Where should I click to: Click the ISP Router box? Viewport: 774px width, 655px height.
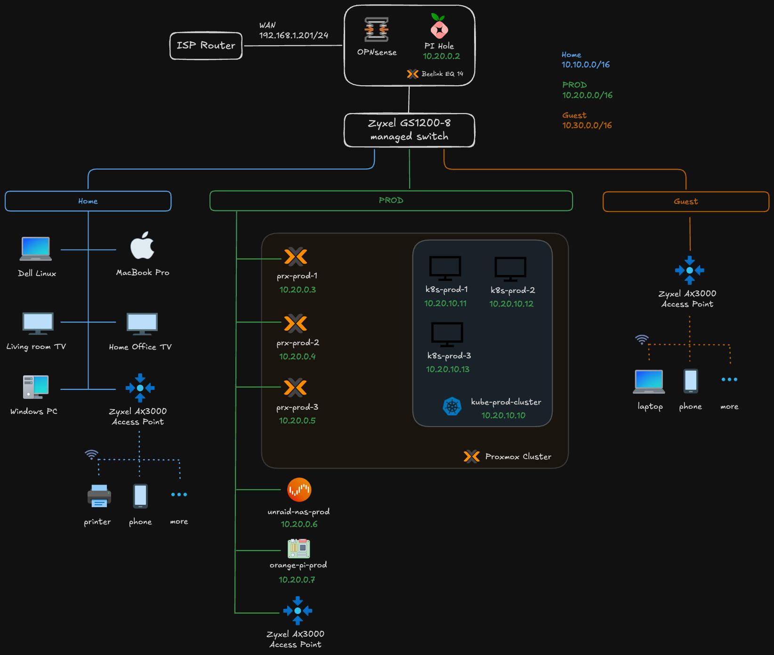point(206,46)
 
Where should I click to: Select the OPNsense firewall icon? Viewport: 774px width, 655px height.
point(376,30)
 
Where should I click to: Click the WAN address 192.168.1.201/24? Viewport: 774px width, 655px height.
point(293,35)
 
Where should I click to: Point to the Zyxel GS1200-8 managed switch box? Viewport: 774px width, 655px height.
point(409,130)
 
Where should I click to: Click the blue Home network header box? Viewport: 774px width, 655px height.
point(88,201)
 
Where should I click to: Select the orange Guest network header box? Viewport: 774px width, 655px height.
point(685,202)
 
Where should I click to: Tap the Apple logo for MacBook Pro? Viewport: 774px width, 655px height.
point(142,246)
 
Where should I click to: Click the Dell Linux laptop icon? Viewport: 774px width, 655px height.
point(36,249)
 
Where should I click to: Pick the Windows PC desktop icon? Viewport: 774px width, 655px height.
point(36,387)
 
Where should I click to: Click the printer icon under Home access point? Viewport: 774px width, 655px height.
point(99,496)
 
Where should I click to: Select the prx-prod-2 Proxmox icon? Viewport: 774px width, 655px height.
point(296,323)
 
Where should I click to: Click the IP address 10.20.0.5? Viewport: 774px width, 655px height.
point(297,420)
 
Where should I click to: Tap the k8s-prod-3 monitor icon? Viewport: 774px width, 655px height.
point(447,334)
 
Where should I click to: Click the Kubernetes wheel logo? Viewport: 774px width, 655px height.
point(452,406)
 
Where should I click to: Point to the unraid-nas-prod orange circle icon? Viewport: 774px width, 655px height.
point(299,490)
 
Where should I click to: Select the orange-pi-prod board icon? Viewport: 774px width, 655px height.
point(298,548)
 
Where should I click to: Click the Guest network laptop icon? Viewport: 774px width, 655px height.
point(649,381)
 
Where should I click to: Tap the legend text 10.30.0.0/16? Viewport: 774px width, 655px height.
point(587,125)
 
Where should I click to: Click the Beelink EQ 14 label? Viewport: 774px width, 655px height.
point(442,74)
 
